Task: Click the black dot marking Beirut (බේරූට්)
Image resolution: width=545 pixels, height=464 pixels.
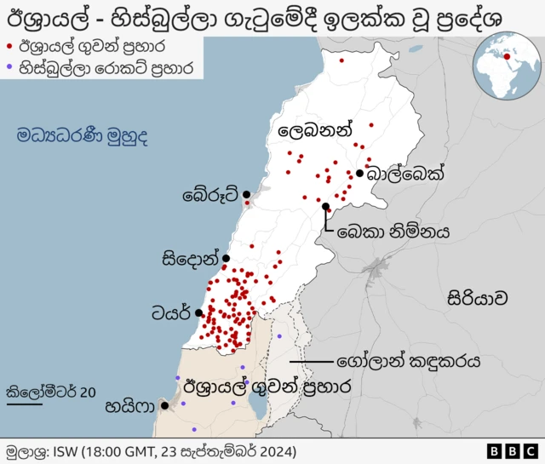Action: pyautogui.click(x=247, y=194)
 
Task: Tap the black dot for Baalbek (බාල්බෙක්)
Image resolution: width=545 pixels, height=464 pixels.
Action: pyautogui.click(x=360, y=174)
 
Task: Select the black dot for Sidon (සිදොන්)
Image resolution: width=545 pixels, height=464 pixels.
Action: pyautogui.click(x=226, y=258)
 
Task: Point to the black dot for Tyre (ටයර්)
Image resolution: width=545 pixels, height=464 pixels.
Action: pyautogui.click(x=198, y=312)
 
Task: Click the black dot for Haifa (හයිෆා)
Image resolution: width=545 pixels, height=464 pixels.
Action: pyautogui.click(x=163, y=406)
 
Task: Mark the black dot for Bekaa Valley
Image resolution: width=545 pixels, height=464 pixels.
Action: pyautogui.click(x=326, y=206)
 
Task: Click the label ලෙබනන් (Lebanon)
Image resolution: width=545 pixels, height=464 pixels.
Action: pyautogui.click(x=314, y=131)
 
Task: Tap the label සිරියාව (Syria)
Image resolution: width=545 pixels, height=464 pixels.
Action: pyautogui.click(x=478, y=298)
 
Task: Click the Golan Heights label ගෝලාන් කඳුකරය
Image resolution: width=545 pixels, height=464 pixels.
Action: pyautogui.click(x=409, y=361)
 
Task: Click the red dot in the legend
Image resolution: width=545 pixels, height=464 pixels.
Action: pyautogui.click(x=9, y=46)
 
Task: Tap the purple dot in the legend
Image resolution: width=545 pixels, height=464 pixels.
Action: pyautogui.click(x=9, y=66)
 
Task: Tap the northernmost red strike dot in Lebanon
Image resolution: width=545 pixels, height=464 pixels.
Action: pyautogui.click(x=341, y=60)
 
